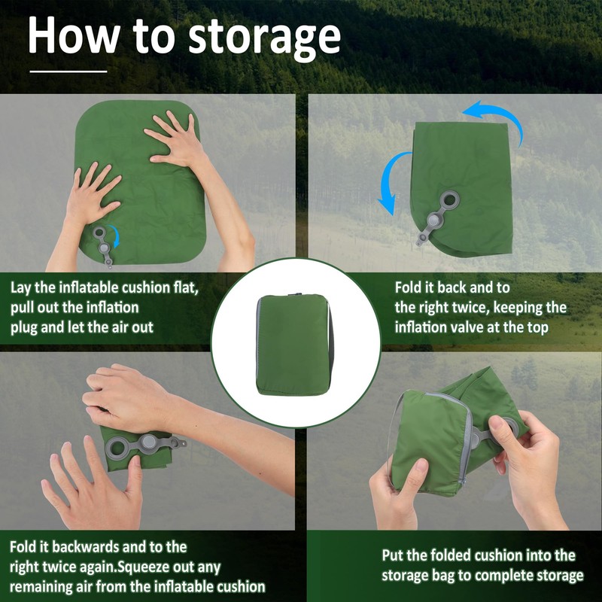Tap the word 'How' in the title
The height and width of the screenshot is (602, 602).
click(73, 35)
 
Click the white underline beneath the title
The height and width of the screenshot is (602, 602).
click(68, 71)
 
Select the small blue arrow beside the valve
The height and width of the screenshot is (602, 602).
click(114, 236)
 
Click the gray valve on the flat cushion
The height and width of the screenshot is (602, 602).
click(103, 246)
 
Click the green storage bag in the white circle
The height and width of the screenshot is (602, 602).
click(293, 345)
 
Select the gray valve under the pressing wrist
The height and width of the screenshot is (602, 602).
click(145, 445)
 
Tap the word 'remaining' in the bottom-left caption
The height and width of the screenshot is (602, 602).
click(40, 587)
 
